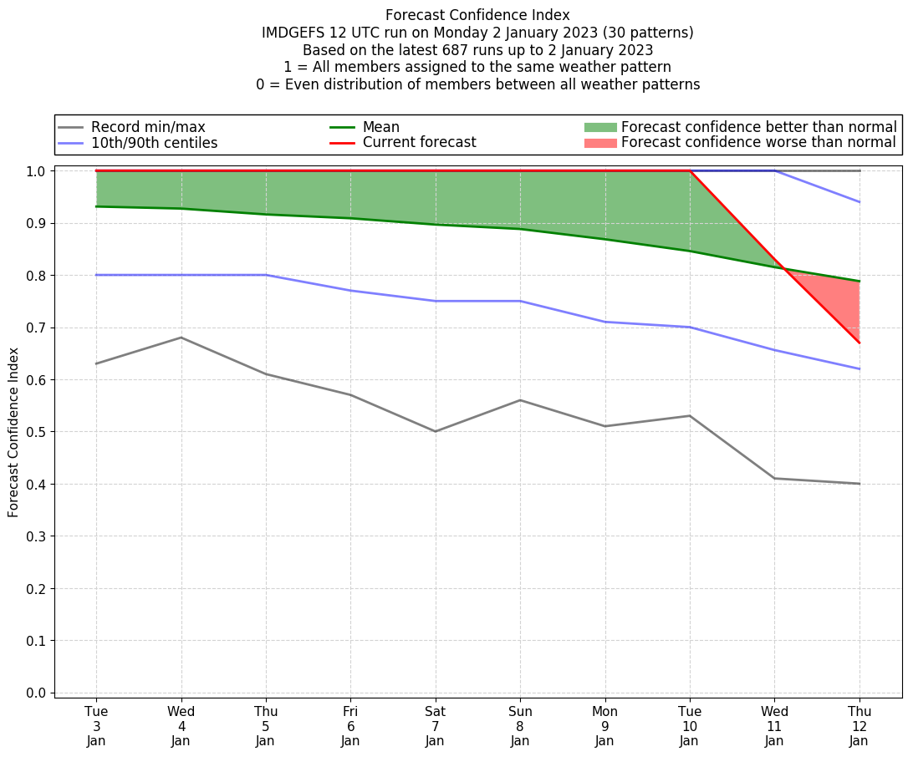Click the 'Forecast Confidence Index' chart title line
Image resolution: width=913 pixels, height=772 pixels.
coord(477,15)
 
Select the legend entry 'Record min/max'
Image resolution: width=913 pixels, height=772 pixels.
coord(148,127)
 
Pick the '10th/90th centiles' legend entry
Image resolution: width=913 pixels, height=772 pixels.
coord(154,143)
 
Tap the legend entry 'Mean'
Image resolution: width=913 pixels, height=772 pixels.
coord(380,127)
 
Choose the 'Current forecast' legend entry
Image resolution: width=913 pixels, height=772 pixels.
coord(419,143)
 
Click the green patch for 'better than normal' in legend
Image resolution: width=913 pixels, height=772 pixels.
coord(600,127)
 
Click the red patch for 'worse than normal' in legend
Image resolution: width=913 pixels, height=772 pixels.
coord(600,143)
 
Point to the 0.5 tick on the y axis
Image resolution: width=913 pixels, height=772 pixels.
coord(37,432)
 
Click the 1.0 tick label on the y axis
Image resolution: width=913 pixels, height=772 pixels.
coord(37,171)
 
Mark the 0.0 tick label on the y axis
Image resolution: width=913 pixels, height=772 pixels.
coord(37,693)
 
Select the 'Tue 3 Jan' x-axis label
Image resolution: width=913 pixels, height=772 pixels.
coord(96,725)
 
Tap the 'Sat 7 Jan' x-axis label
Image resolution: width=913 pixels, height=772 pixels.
coord(435,725)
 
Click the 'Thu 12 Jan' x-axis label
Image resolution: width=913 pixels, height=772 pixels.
coord(859,725)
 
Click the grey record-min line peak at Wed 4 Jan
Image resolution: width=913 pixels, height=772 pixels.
coord(181,338)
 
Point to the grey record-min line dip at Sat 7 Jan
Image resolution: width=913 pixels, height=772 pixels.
coord(435,431)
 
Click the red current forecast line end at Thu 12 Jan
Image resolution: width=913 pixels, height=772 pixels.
coord(859,343)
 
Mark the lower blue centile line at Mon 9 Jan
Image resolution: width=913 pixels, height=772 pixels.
coord(604,322)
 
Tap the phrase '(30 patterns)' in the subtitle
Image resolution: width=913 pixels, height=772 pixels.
coord(649,33)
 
